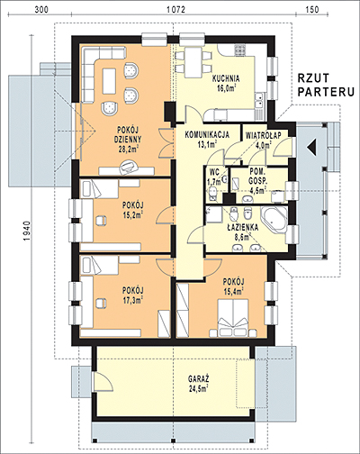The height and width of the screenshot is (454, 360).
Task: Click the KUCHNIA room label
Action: click(226, 79)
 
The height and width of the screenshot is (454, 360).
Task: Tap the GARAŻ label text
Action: click(199, 378)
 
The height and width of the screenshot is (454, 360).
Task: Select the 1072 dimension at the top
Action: click(175, 10)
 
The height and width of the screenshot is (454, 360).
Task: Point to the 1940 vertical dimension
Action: click(27, 232)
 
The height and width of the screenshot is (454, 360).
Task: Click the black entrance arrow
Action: click(311, 148)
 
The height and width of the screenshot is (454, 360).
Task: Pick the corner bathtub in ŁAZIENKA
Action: click(274, 219)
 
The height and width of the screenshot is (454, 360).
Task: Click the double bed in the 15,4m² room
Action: click(233, 317)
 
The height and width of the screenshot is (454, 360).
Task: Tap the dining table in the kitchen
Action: click(193, 62)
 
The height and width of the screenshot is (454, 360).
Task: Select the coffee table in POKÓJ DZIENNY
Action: click(109, 81)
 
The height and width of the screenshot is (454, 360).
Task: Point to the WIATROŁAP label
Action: click(263, 135)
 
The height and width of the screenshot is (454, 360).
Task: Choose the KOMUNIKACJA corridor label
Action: click(207, 135)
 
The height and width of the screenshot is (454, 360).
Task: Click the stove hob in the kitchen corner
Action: click(240, 50)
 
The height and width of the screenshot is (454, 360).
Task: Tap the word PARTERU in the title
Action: click(326, 92)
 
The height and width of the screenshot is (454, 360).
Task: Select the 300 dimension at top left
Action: click(41, 10)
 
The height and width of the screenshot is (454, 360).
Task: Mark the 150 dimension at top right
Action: click(312, 10)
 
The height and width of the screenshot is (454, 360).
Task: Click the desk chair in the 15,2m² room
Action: click(101, 221)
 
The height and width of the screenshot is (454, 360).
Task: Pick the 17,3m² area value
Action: click(132, 299)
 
